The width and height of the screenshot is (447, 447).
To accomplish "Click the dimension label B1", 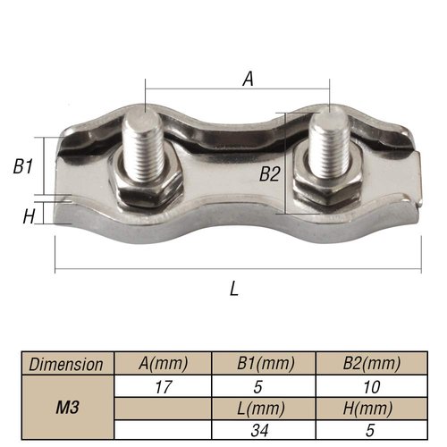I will coord(23,166).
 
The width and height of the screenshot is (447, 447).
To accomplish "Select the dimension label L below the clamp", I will coord(234,289).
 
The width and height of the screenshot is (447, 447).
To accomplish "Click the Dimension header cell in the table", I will coord(67,364).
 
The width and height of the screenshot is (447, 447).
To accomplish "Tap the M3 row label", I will coord(67,408).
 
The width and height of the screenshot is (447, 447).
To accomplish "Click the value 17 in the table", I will coord(162,386).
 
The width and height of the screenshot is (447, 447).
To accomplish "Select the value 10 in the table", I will coord(371,386).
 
